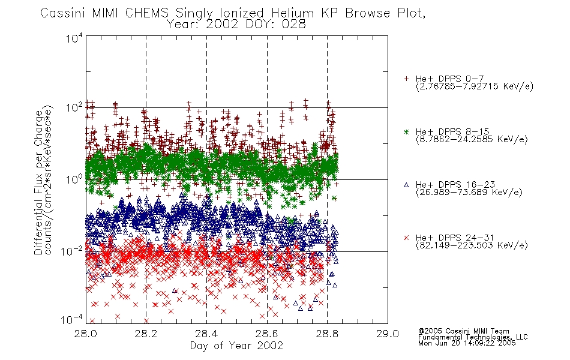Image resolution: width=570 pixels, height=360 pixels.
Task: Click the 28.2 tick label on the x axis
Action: (146, 334)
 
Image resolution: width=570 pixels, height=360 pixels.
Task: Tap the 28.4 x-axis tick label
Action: (206, 334)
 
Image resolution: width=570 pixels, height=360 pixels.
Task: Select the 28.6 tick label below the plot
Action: (267, 334)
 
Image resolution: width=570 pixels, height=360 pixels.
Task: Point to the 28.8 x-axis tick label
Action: (327, 334)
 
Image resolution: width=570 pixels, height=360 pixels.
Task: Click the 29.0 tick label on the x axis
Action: (388, 334)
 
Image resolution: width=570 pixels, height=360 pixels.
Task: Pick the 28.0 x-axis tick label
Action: (86, 334)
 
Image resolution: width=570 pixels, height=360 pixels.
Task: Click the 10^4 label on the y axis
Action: (74, 38)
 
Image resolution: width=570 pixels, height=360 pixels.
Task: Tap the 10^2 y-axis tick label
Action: (74, 108)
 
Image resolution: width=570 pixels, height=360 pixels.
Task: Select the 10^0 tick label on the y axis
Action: (74, 179)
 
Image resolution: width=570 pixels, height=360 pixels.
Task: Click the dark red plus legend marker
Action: (406, 79)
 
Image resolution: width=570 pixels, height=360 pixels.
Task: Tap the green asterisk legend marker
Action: (406, 131)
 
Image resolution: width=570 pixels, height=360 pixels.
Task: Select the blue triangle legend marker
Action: (406, 185)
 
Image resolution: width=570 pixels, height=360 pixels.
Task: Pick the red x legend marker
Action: (406, 238)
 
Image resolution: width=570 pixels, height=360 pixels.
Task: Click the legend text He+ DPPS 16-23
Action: (455, 185)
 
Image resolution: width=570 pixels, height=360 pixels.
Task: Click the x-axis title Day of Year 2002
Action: (236, 346)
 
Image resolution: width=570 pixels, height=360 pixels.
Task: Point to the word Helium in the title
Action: (292, 13)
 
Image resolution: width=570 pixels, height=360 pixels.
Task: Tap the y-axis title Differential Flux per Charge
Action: (38, 182)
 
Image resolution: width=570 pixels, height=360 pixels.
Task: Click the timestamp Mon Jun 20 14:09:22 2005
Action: (467, 343)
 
